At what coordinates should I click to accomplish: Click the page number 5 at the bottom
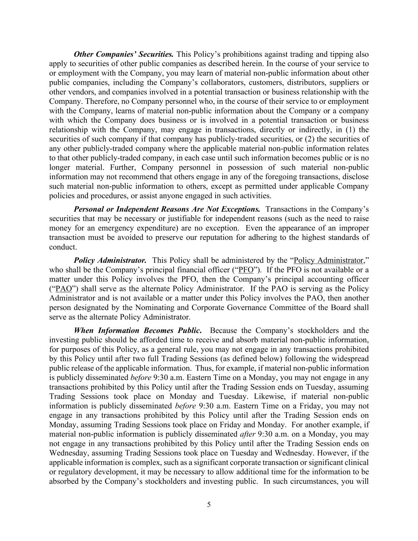(x=209, y=505)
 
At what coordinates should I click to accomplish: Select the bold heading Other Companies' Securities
(x=124, y=54)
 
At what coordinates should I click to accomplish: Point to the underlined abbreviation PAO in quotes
(x=64, y=289)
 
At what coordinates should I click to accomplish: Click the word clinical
(x=357, y=463)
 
